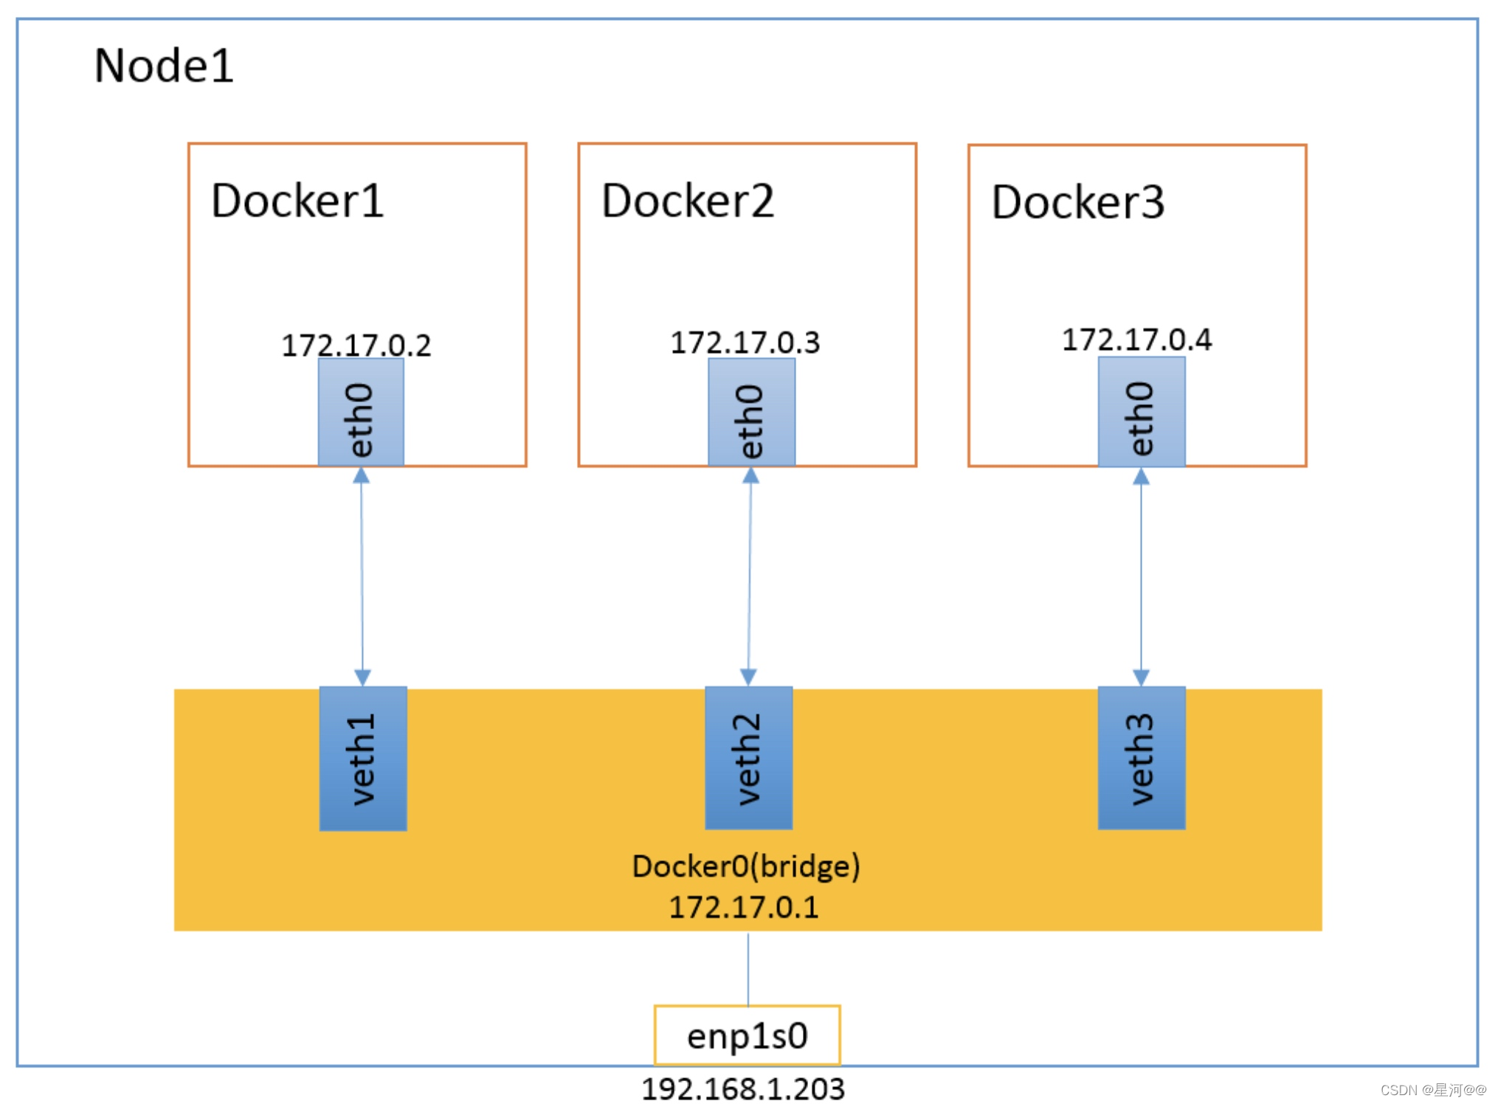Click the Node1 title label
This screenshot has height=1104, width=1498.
pyautogui.click(x=164, y=66)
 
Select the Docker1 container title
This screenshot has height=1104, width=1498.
pyautogui.click(x=297, y=201)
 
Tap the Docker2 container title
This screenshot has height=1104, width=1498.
pyautogui.click(x=687, y=201)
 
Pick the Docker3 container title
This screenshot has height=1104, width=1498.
pyautogui.click(x=1077, y=202)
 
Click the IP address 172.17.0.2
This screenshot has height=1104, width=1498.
pyautogui.click(x=356, y=345)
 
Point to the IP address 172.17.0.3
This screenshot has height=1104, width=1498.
pyautogui.click(x=745, y=342)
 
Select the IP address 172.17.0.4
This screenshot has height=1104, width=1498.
pyautogui.click(x=1136, y=339)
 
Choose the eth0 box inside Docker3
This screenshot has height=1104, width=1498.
pyautogui.click(x=1141, y=413)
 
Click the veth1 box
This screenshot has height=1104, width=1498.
pyautogui.click(x=362, y=758)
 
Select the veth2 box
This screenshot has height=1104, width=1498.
pyautogui.click(x=748, y=758)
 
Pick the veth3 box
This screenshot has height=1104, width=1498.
pyautogui.click(x=1141, y=758)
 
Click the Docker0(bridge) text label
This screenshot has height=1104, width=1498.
pyautogui.click(x=746, y=866)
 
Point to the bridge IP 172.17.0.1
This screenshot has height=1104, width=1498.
pyautogui.click(x=744, y=907)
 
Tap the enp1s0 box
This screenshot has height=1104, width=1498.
pyautogui.click(x=747, y=1035)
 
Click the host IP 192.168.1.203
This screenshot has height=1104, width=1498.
pyautogui.click(x=742, y=1089)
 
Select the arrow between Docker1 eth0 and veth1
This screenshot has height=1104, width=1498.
pyautogui.click(x=362, y=576)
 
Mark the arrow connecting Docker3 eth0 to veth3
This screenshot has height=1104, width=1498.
pyautogui.click(x=1141, y=576)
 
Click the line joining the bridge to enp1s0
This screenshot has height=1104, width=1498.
pyautogui.click(x=748, y=968)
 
